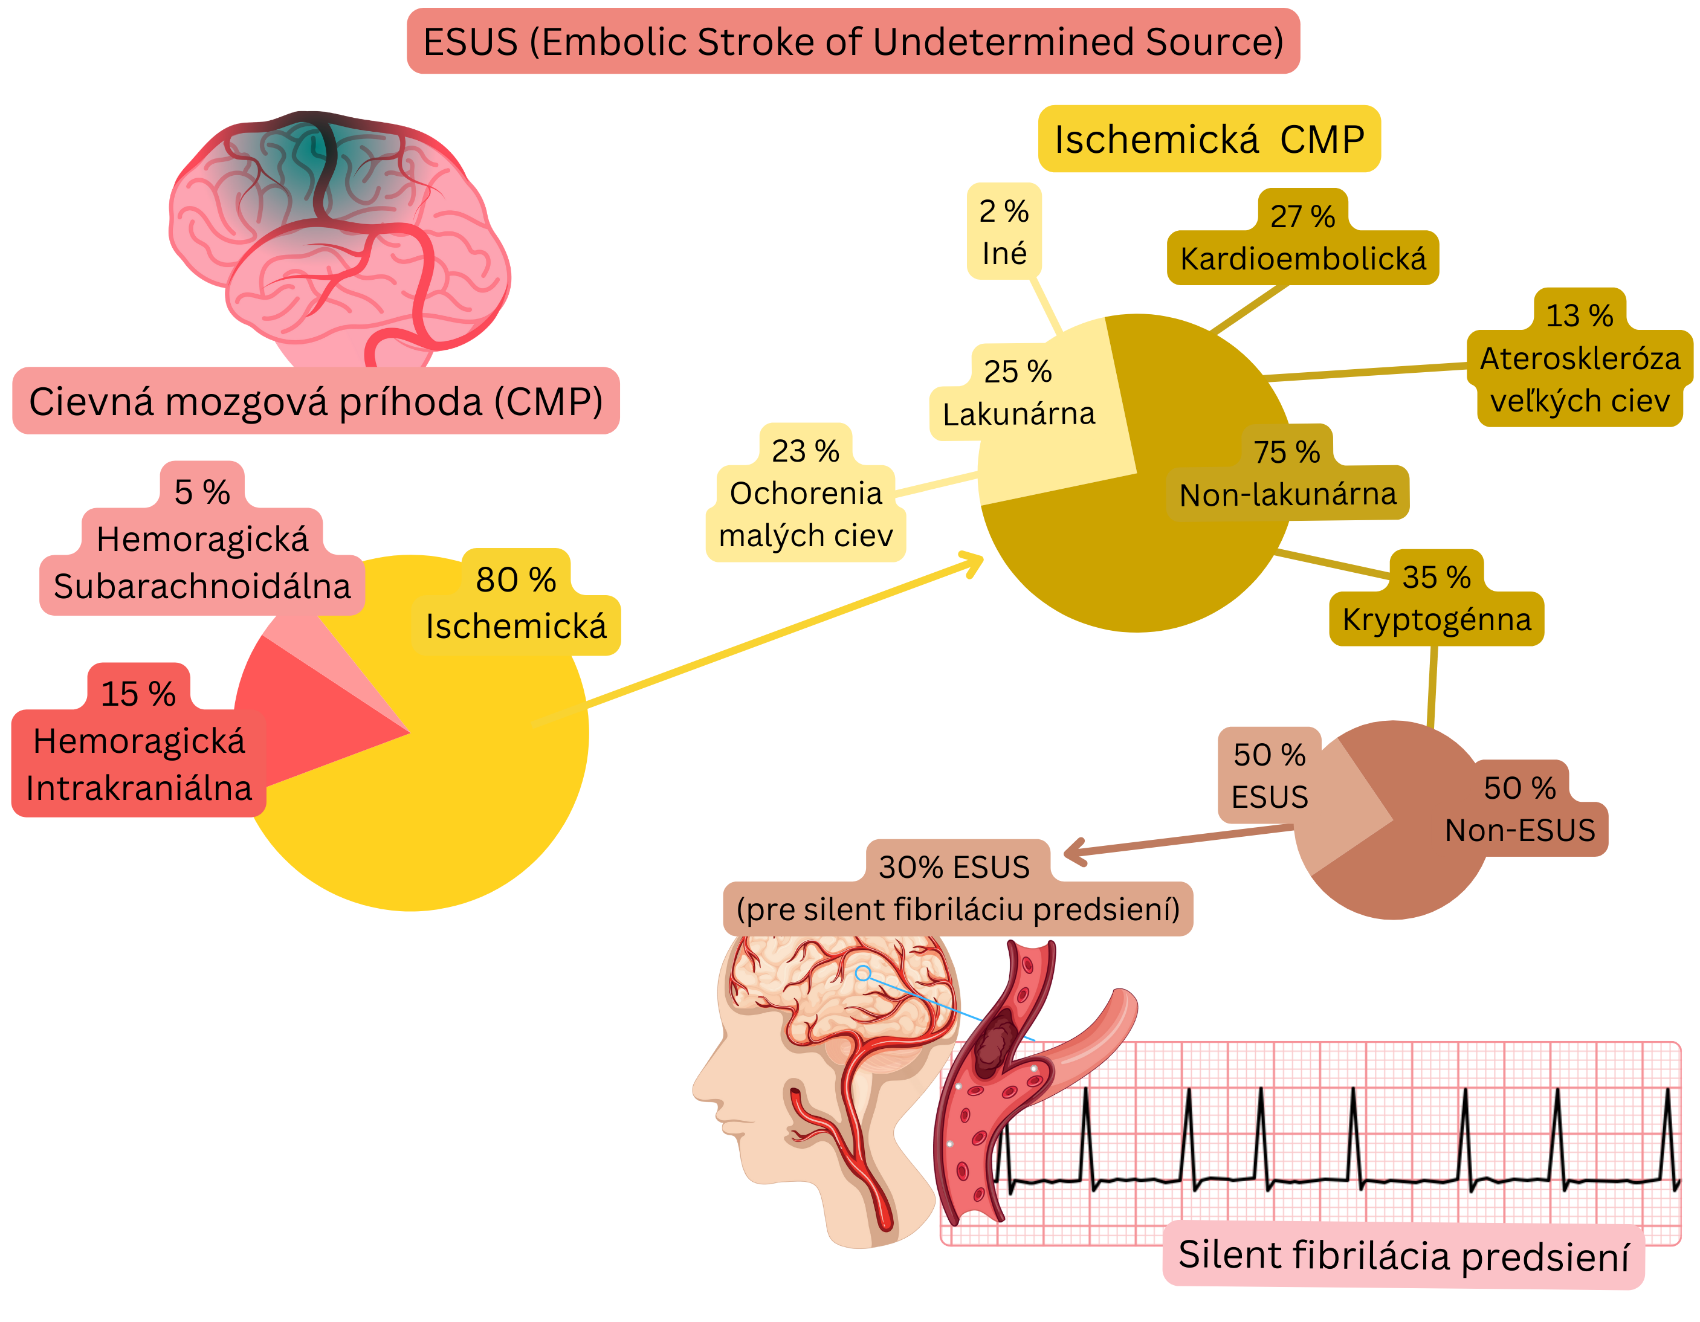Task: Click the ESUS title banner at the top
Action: point(853,41)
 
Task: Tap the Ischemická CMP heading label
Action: point(1209,140)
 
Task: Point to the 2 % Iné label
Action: point(1004,232)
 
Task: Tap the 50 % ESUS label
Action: point(1270,775)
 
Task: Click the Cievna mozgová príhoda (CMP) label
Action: point(316,401)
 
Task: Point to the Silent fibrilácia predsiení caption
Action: point(1403,1254)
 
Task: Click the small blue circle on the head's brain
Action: point(862,973)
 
